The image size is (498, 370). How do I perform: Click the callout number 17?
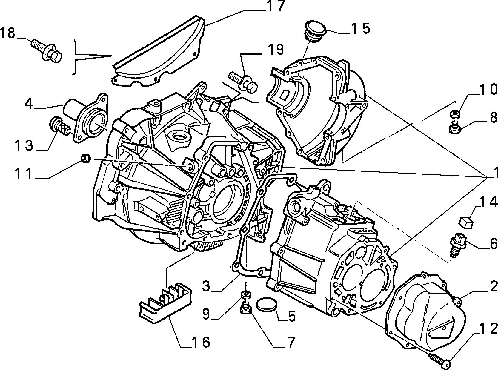(x=275, y=7)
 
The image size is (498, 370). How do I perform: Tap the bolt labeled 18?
(x=47, y=51)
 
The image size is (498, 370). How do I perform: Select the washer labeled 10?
(x=454, y=114)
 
